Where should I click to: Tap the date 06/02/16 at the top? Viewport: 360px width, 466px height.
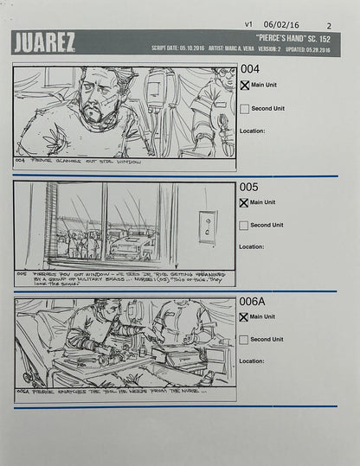tap(280, 25)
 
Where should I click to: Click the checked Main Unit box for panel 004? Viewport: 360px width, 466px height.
tap(245, 86)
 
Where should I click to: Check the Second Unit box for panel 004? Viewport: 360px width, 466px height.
tap(245, 109)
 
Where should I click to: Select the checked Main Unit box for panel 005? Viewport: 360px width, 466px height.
tap(245, 202)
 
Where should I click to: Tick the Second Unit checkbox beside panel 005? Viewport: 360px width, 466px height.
tap(245, 225)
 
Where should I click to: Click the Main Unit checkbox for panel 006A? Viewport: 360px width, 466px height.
tap(245, 317)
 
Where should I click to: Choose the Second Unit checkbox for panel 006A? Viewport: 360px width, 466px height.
tap(245, 340)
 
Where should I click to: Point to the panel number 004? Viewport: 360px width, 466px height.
tap(249, 69)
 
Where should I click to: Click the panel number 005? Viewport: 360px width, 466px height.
tap(249, 187)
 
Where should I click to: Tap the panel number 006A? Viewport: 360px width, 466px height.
tap(254, 302)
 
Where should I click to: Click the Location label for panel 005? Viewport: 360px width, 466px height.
tap(252, 246)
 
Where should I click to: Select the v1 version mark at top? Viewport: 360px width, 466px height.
tap(249, 25)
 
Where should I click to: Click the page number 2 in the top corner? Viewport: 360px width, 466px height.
tap(329, 26)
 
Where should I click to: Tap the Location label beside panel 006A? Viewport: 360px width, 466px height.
tap(252, 361)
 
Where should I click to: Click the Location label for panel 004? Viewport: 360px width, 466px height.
tap(252, 131)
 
